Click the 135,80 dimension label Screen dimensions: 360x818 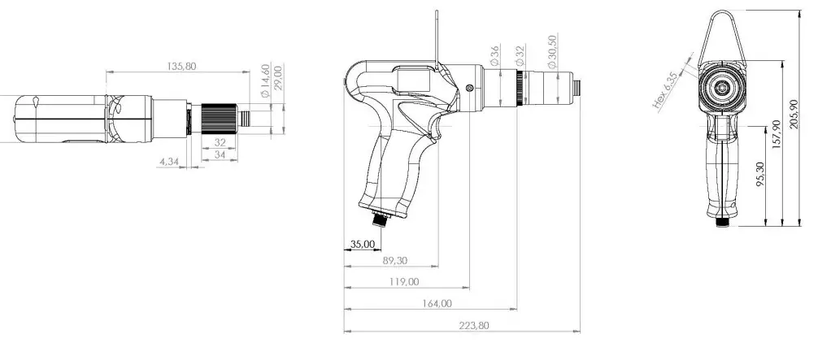click(180, 66)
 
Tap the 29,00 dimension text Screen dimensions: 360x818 click(278, 79)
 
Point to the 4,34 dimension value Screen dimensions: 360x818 click(170, 162)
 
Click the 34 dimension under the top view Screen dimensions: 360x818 click(220, 154)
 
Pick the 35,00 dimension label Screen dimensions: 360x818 click(363, 244)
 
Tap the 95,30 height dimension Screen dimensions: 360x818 click(761, 176)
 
